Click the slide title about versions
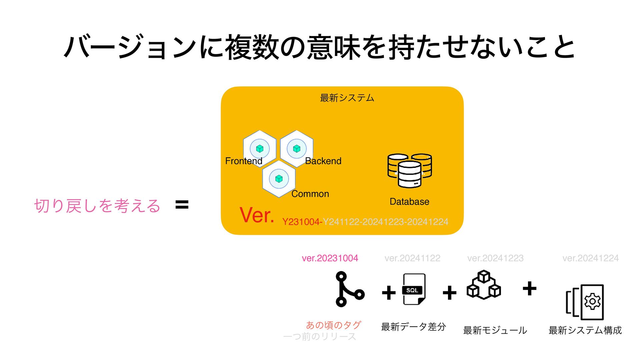click(x=319, y=47)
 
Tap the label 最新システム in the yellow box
click(x=347, y=98)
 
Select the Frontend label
click(x=244, y=161)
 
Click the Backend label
click(x=323, y=161)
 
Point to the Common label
click(x=310, y=194)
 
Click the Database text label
click(x=409, y=202)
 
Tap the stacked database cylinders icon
click(x=409, y=170)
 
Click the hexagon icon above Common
click(x=279, y=179)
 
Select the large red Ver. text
click(x=257, y=215)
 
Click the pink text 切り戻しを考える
click(x=97, y=206)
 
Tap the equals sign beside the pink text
click(x=182, y=204)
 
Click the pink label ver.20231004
click(x=330, y=258)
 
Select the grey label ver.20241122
click(x=412, y=258)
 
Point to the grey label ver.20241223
click(x=495, y=258)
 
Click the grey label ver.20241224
click(x=590, y=258)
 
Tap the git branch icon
click(x=349, y=289)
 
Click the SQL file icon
click(x=414, y=289)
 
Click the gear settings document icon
click(x=585, y=302)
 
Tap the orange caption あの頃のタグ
click(x=333, y=325)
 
